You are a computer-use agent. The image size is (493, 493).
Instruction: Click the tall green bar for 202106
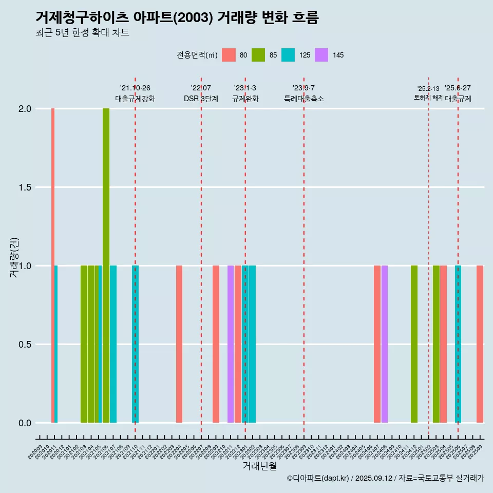point(106,266)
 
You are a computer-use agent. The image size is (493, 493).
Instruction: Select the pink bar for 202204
point(179,344)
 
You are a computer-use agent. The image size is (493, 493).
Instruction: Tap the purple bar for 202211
point(231,344)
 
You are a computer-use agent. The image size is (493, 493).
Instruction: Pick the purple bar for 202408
point(385,344)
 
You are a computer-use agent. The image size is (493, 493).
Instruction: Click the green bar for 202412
point(414,344)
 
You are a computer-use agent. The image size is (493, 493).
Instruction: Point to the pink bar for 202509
point(480,344)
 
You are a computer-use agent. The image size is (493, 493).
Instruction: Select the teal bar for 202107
point(113,344)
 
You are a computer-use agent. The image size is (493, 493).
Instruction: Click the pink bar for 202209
point(216,344)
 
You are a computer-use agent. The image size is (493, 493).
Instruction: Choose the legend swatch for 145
point(321,55)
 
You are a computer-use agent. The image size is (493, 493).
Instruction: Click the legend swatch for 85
point(258,55)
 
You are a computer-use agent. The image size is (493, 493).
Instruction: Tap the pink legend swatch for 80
point(229,55)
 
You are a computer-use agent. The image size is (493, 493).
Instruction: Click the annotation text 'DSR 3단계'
point(201,99)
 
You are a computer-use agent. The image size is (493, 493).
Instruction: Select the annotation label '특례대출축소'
point(304,99)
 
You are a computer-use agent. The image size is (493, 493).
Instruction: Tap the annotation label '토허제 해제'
point(428,98)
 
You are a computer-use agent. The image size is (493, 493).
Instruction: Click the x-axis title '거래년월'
point(260,466)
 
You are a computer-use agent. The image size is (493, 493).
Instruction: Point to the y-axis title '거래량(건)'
point(14,257)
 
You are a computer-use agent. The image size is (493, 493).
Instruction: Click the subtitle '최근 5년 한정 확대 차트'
point(82,33)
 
